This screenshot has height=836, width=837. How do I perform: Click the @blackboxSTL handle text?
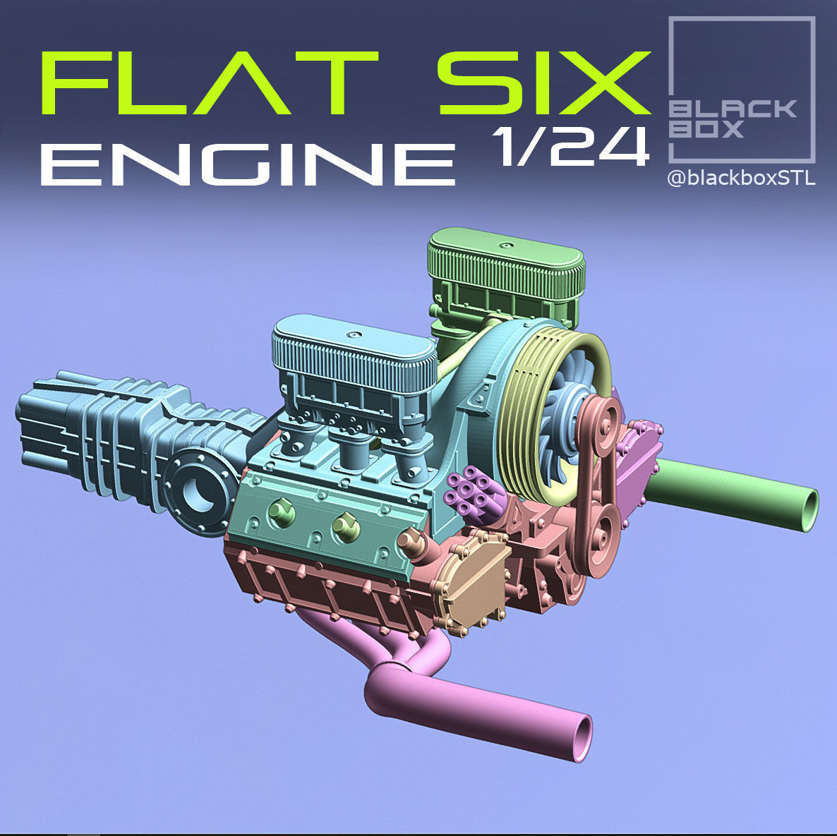(741, 178)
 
